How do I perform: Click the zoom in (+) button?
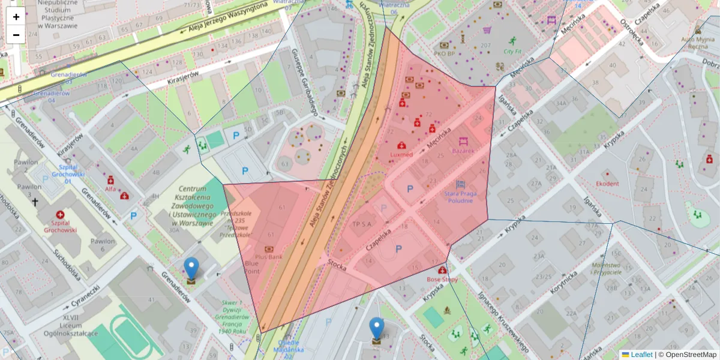point(16,17)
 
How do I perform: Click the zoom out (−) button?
point(16,35)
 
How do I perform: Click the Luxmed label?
point(401,155)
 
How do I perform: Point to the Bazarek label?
point(463,151)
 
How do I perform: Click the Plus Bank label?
point(268,257)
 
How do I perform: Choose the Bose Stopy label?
point(442,279)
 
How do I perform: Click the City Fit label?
point(512,52)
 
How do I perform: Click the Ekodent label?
point(608,184)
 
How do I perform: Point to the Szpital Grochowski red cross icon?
point(59,214)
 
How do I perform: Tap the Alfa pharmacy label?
point(110,188)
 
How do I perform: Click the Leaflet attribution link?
point(641,355)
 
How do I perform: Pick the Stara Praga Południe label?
point(460,197)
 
